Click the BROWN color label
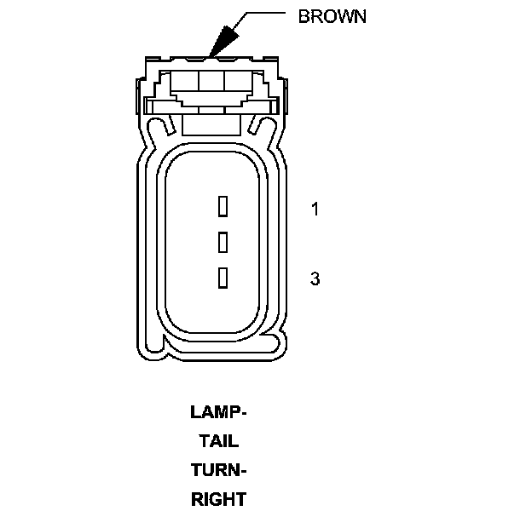pos(332,17)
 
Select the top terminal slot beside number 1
pos(223,206)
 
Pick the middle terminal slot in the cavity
pos(223,242)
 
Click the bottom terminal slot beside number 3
pos(223,278)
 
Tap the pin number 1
pos(315,209)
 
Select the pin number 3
pos(315,278)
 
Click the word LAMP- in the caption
pos(218,413)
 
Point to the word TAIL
pos(218,442)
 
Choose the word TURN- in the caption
pos(218,471)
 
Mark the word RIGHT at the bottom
pos(218,500)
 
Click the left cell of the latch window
pos(186,83)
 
